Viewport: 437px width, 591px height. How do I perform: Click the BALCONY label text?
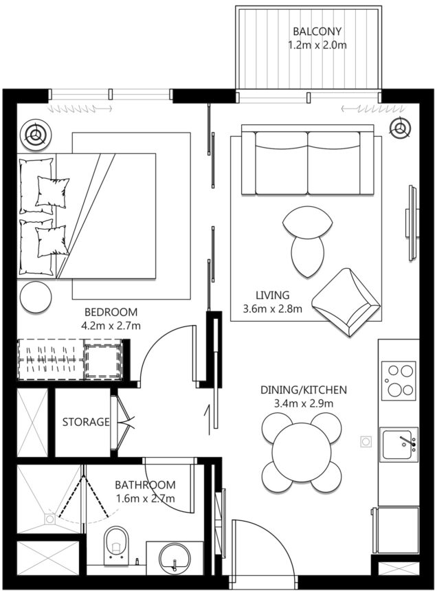click(317, 32)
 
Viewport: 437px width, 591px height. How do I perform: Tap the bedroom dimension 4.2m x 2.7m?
click(110, 325)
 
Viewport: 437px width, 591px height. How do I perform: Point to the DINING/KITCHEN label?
click(303, 390)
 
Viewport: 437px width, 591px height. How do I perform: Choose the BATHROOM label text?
click(144, 484)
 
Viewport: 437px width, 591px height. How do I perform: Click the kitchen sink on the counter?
click(399, 445)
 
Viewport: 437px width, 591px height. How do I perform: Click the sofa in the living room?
click(307, 162)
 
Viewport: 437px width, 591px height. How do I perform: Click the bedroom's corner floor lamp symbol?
click(34, 134)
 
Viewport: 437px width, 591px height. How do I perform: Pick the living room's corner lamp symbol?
click(400, 126)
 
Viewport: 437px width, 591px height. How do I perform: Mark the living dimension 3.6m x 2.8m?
click(273, 309)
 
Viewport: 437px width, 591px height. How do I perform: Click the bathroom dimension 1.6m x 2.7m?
click(144, 498)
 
